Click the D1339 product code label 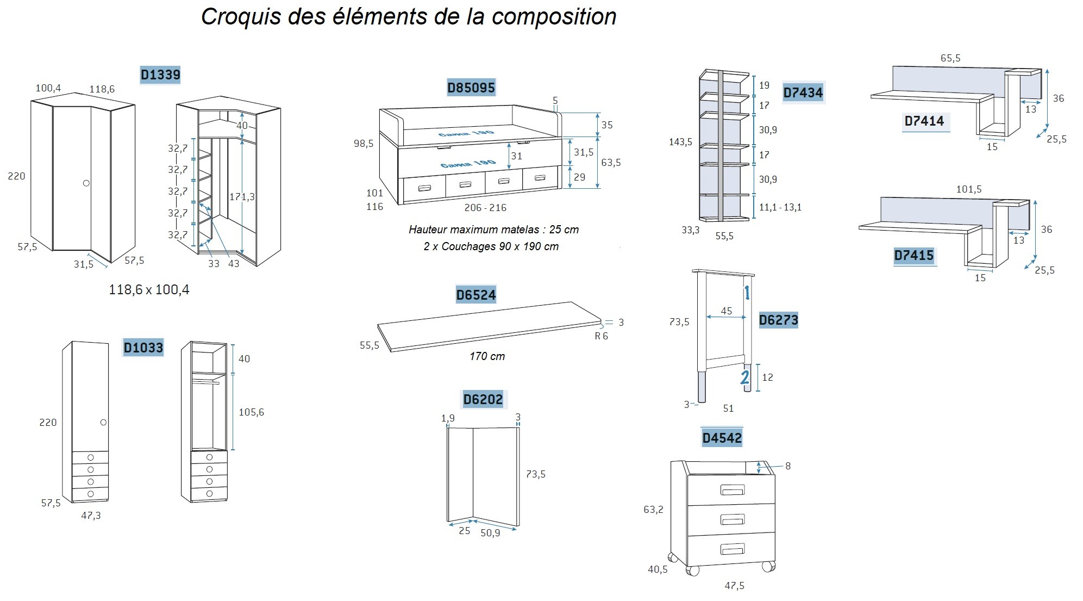pos(160,75)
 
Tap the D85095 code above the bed pos(471,88)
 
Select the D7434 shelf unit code pos(803,92)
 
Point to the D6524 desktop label pos(475,295)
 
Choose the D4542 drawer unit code pos(722,438)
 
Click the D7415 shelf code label pos(913,255)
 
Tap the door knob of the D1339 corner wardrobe pos(86,183)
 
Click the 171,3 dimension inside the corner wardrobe pos(242,196)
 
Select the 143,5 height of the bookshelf pos(680,142)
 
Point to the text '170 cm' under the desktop pos(487,356)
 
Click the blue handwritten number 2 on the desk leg pos(745,377)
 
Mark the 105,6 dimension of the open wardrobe pos(251,412)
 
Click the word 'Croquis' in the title pos(241,16)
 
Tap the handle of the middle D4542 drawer pos(732,519)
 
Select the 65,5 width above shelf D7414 pos(950,58)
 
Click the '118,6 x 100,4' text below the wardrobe pos(149,289)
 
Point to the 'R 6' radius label pos(601,336)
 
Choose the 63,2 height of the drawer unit pos(653,510)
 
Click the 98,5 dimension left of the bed pos(364,144)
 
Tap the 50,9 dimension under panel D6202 pos(490,533)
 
